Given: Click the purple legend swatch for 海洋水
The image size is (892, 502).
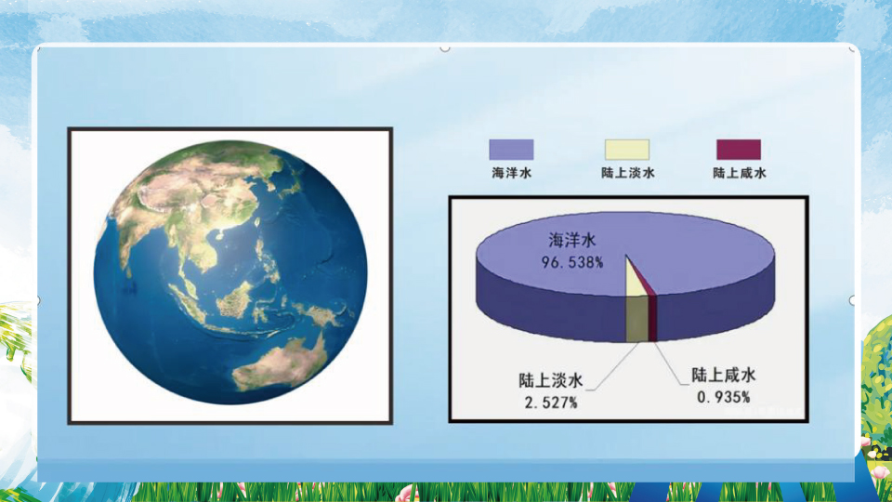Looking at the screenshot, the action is tap(511, 150).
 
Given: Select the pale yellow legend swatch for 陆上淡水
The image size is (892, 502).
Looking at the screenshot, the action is tap(627, 150).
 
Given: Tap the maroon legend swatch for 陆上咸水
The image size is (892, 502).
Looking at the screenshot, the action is tap(739, 150).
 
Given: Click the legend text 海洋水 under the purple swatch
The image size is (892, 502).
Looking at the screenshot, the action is tap(511, 173).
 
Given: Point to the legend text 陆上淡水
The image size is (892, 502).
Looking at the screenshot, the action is tap(627, 173).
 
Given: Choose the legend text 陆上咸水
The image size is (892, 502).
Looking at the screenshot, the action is tap(739, 173).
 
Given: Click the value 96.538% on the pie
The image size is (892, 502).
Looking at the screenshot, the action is tap(572, 262).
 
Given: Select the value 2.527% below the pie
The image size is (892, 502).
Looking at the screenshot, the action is tap(551, 403).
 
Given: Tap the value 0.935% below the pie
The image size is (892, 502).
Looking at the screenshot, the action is tap(724, 397).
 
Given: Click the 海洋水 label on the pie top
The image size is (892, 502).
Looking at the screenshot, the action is tap(572, 240).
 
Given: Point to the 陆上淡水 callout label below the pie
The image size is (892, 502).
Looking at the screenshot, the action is tap(551, 380).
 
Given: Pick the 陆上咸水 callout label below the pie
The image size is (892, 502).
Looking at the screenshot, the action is tap(724, 375).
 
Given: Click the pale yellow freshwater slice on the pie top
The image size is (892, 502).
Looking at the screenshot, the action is tap(634, 282).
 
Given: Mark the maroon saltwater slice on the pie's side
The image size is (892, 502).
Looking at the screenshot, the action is tap(652, 318).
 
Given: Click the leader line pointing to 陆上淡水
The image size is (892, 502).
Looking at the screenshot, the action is tap(612, 366).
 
